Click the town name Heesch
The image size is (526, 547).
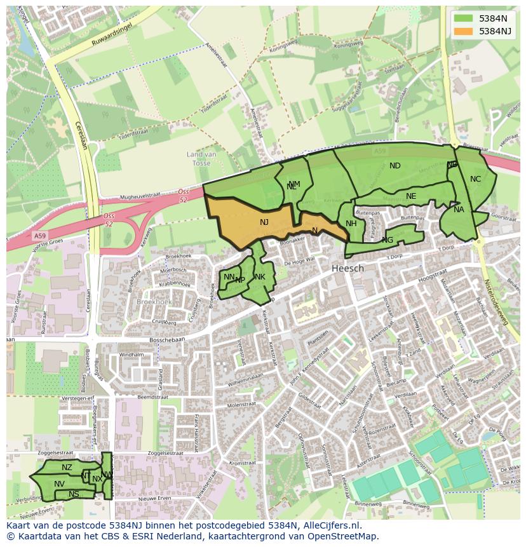[x=347, y=268]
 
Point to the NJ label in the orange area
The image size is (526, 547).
[x=264, y=222]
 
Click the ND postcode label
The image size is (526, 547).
[x=394, y=166]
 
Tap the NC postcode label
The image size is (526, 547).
[x=475, y=179]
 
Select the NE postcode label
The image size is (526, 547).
[x=411, y=196]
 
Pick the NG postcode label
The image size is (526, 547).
[x=388, y=240]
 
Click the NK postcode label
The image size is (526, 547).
[x=260, y=277]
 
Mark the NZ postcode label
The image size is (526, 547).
[x=67, y=468]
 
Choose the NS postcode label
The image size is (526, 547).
[x=74, y=494]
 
